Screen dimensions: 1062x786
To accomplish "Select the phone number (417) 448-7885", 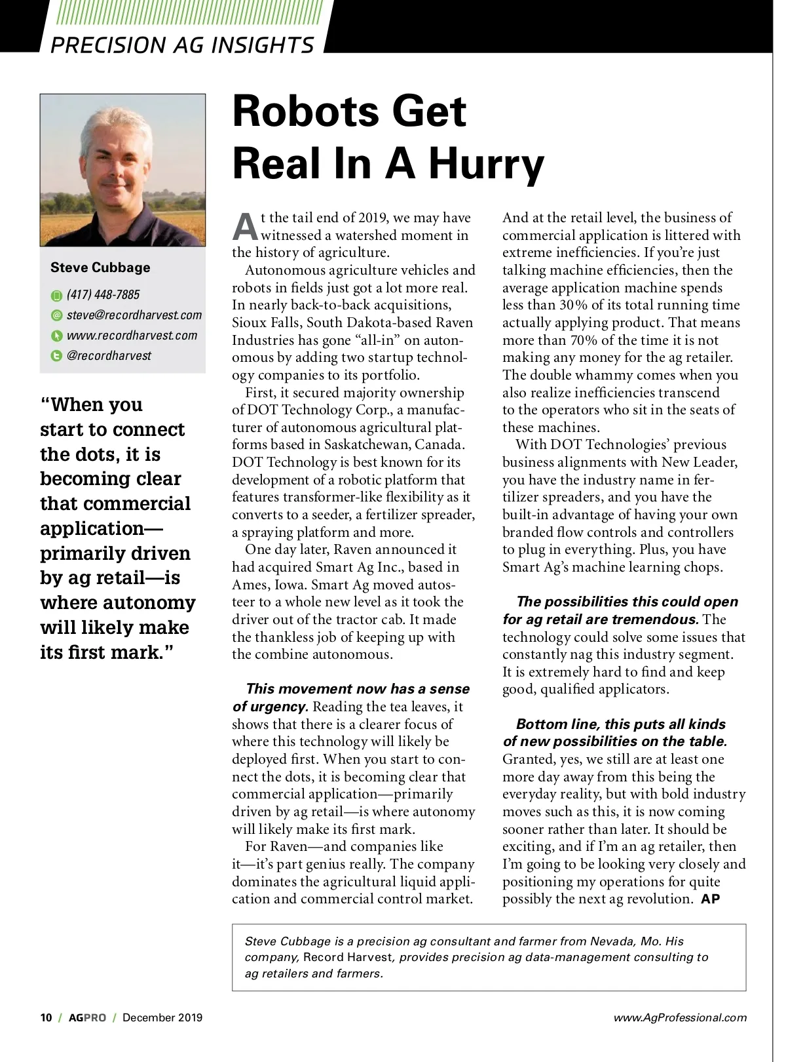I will coord(103,295).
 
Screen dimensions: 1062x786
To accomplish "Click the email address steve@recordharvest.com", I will coord(134,315).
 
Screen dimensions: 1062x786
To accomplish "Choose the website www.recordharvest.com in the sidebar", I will coord(132,336).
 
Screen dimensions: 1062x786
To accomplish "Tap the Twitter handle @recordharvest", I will coord(109,356).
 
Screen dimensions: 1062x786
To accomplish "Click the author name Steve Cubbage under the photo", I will coord(100,267).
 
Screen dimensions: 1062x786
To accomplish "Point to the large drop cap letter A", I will coord(246,227).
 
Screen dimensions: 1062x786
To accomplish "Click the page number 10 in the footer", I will coord(46,1017).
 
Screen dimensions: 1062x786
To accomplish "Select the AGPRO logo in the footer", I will coord(87,1017).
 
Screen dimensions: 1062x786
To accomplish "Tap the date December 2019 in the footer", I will coord(162,1017).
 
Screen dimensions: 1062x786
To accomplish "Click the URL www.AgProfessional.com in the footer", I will coord(680,1017).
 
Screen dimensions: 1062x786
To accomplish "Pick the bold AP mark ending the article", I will coord(711,899).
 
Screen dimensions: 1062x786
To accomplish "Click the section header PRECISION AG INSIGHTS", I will coord(182,45).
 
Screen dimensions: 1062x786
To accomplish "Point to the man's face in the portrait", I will coord(117,161).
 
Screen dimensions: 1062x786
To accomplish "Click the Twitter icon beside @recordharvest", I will coord(56,357).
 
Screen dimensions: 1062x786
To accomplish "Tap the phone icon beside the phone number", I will coord(56,296).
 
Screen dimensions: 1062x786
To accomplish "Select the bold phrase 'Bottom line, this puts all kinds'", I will coord(620,724).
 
